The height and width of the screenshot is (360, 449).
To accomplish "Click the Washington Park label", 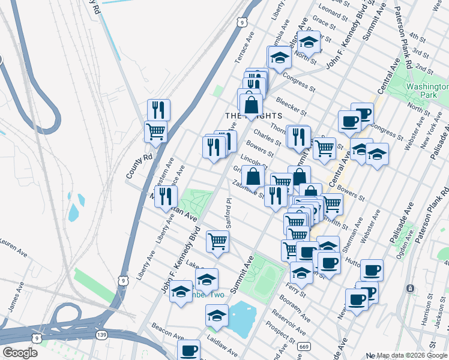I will pos(427,91).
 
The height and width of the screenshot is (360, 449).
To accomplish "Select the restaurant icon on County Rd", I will pos(158,110).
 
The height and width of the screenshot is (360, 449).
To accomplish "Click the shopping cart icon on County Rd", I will pos(155,131).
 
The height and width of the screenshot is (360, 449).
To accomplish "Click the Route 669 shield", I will pos(305,346).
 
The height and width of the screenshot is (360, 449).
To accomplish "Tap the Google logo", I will pos(20,353).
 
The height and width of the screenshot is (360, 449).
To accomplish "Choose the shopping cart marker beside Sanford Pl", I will pos(217,241).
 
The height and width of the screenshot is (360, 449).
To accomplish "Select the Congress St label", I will pos(299,83).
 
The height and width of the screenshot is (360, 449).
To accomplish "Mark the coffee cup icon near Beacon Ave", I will pos(188,349).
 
